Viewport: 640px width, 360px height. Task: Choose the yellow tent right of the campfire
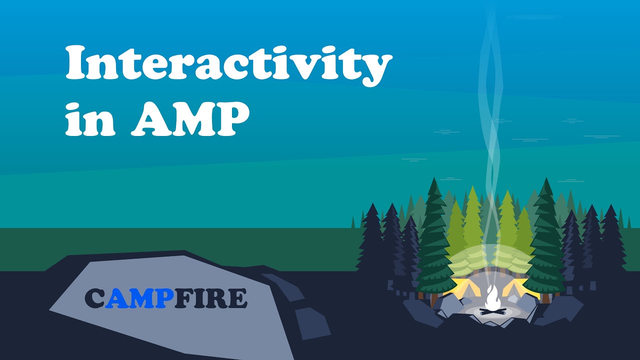[520, 289]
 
